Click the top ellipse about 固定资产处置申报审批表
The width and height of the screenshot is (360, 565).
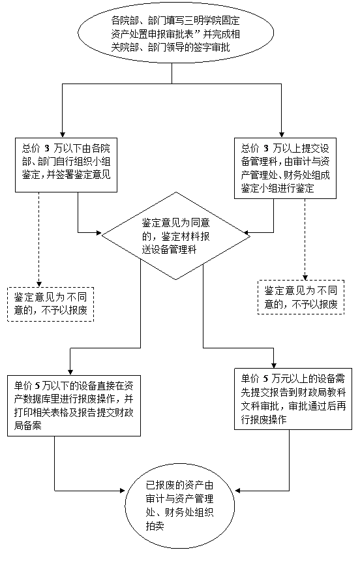click(176, 33)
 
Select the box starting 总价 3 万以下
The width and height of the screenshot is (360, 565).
click(66, 164)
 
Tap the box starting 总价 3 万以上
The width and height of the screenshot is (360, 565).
click(285, 168)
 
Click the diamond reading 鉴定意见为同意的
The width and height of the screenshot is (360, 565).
click(176, 236)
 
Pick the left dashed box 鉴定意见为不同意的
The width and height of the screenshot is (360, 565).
click(50, 304)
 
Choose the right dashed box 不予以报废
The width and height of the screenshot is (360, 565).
click(301, 298)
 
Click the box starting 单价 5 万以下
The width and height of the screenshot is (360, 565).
click(74, 406)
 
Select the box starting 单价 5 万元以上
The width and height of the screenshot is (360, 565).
click(293, 399)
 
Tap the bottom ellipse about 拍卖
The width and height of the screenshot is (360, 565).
click(179, 505)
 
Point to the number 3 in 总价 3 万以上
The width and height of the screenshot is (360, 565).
click(266, 149)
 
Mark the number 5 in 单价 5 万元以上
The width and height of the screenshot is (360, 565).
click(266, 379)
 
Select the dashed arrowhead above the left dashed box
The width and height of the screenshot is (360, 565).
click(38, 284)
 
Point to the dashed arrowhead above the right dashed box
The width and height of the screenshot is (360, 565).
click(305, 277)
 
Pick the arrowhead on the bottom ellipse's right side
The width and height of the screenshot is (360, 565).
click(238, 491)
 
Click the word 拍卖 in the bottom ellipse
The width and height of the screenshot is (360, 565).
click(155, 526)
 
